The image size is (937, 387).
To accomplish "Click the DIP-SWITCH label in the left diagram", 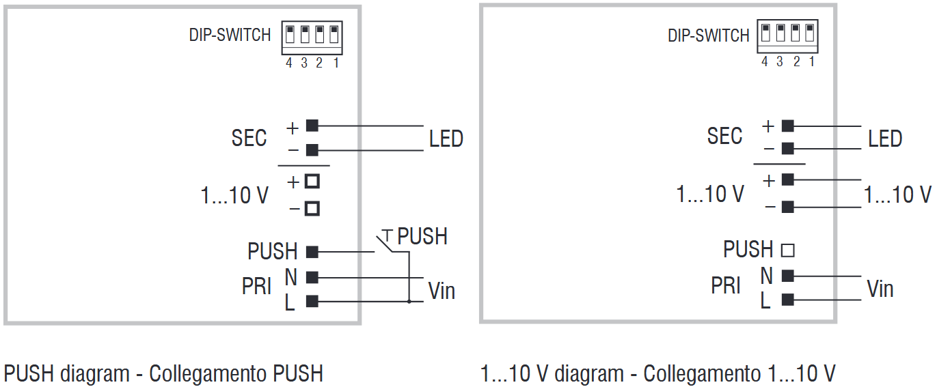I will (230, 35).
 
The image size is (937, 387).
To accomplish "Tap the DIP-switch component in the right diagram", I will (787, 35).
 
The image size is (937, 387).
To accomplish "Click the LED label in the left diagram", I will (446, 139).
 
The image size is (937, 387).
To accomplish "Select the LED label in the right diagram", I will (885, 139).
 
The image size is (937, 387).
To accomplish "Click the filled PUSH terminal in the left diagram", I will (312, 252).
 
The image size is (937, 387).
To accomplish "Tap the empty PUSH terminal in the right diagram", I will (787, 250).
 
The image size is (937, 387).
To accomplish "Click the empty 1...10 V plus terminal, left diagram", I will (312, 182).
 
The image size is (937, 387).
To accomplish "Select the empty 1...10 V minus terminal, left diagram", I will (312, 208).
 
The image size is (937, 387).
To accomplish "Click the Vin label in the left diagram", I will (442, 291).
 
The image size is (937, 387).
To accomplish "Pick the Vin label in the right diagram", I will (880, 289).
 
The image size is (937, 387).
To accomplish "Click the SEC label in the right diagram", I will (724, 136).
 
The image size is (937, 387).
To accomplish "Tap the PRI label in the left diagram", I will (257, 287).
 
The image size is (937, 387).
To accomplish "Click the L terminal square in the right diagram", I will (787, 299).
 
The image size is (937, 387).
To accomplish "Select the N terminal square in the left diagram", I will (312, 277).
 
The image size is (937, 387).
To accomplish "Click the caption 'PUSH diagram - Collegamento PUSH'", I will (163, 373).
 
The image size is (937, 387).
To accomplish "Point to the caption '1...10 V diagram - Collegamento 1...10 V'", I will (657, 373).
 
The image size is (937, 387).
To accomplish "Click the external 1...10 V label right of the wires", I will (897, 195).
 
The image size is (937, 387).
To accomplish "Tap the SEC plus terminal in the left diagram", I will (312, 126).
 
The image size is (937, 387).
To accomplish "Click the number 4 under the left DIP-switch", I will (288, 63).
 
